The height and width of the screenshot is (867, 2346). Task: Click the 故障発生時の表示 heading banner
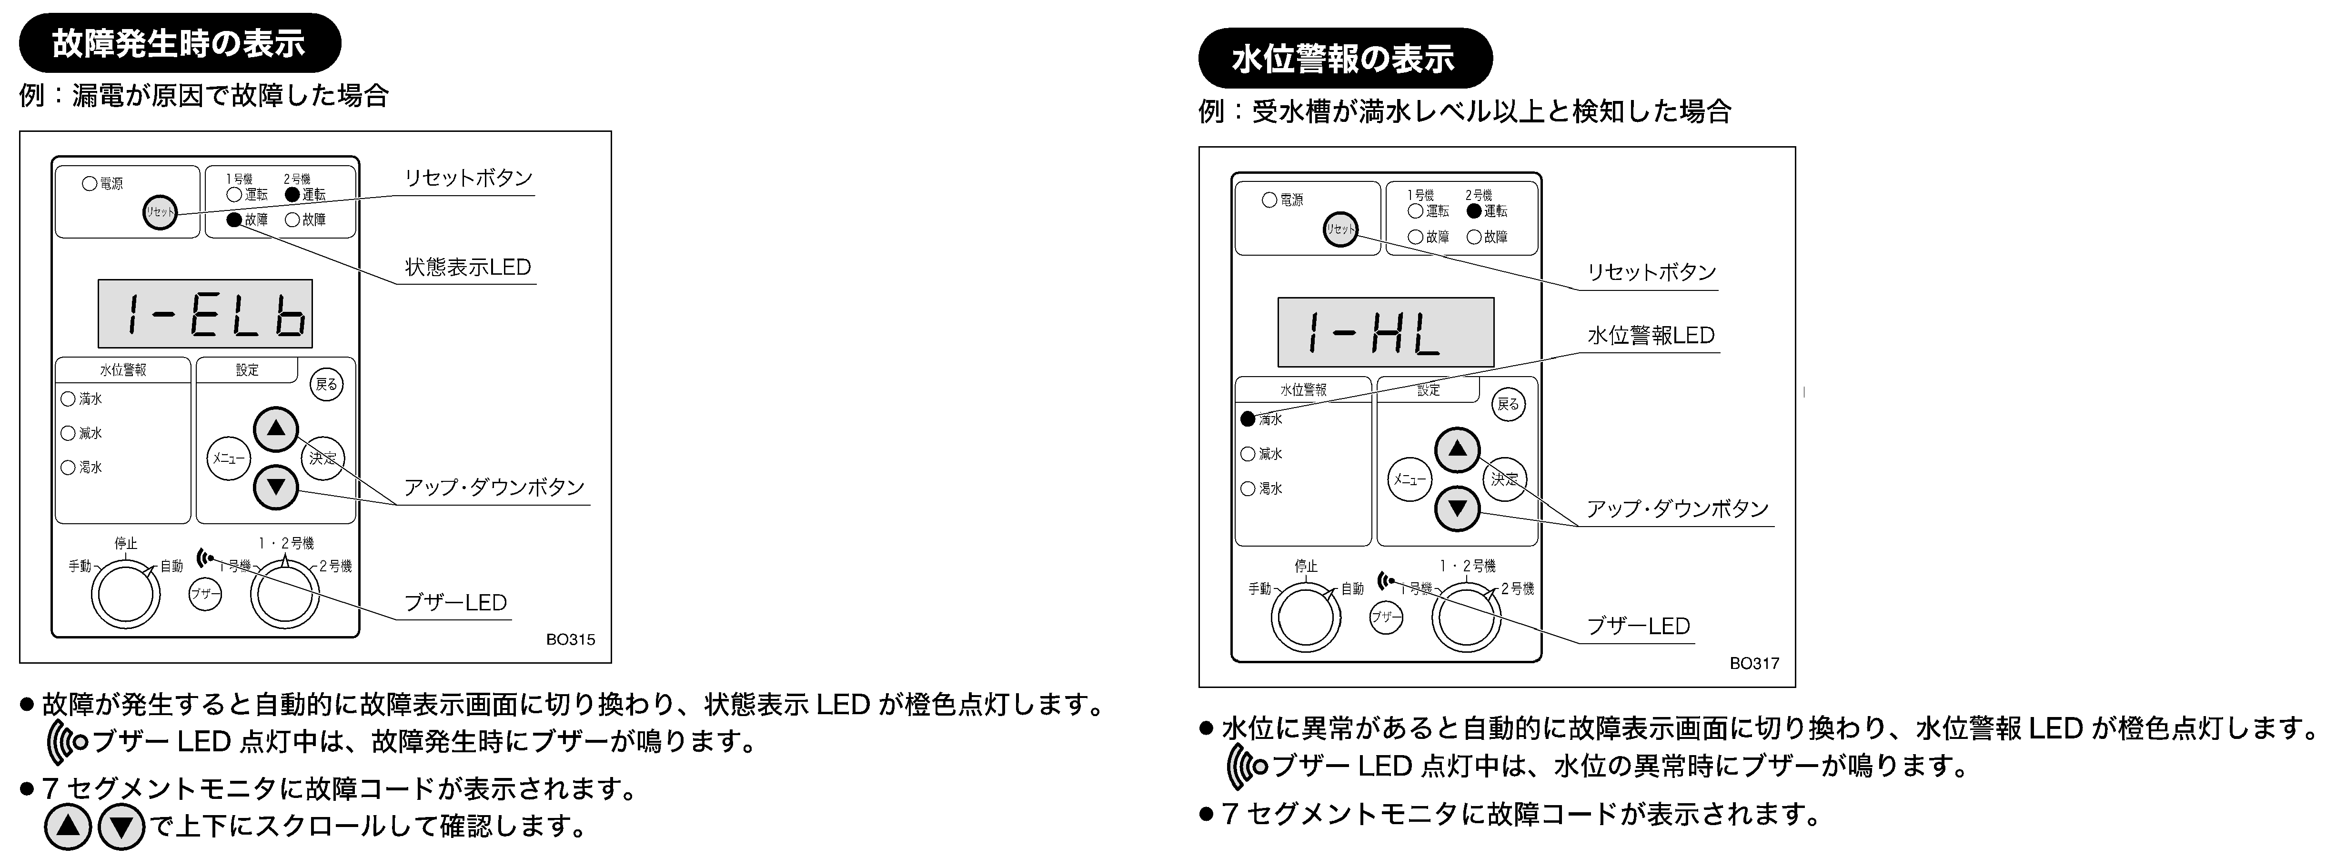[180, 43]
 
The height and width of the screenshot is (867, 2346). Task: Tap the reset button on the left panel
[160, 212]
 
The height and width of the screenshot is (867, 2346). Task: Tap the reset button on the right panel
[1339, 229]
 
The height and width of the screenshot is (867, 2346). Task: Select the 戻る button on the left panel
[326, 384]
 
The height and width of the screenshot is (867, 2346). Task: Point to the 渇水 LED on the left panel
[67, 467]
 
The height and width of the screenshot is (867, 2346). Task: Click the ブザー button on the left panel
[205, 595]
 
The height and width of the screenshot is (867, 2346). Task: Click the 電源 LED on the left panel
[89, 183]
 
